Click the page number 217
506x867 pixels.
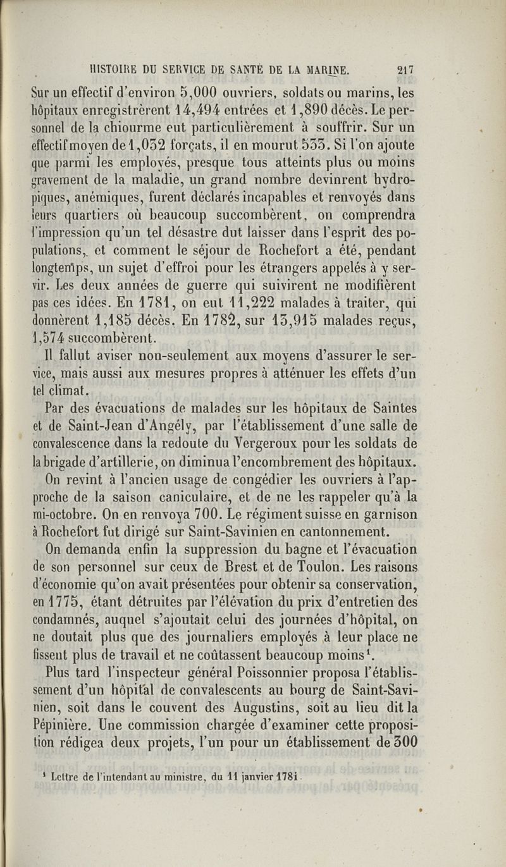click(x=402, y=71)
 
